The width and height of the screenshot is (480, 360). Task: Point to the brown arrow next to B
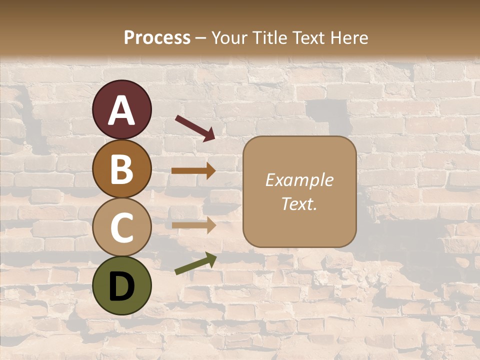click(x=193, y=170)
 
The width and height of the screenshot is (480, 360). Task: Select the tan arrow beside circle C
click(x=193, y=225)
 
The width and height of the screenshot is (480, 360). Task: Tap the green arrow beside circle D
click(x=195, y=263)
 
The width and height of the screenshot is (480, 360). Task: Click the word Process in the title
click(x=157, y=37)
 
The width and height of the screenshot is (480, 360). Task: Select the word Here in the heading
click(x=349, y=37)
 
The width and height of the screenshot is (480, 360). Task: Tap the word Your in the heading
click(x=229, y=37)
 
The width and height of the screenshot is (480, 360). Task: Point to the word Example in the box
click(x=299, y=180)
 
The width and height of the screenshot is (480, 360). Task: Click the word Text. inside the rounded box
click(x=299, y=204)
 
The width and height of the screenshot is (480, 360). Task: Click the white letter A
click(x=122, y=111)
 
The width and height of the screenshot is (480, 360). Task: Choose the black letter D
click(x=122, y=287)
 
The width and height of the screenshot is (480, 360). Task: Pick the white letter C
click(x=122, y=228)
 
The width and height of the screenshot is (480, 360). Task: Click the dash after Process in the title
click(x=200, y=38)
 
